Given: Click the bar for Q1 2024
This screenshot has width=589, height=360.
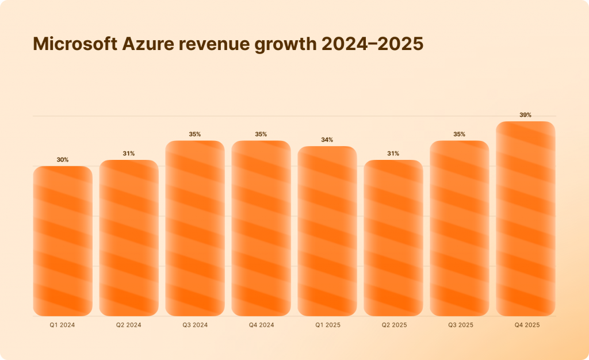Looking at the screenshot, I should [63, 242].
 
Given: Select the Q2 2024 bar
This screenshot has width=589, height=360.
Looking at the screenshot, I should [129, 238].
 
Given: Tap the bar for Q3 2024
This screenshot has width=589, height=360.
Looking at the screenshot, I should [195, 228].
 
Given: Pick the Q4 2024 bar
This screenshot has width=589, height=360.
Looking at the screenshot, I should [261, 228].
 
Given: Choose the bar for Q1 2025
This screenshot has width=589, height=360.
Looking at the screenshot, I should [327, 231].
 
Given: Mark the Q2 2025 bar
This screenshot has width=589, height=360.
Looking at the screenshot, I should [393, 238].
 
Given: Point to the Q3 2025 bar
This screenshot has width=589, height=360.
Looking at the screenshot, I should [460, 228].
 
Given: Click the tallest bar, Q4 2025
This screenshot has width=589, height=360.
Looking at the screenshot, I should [526, 219].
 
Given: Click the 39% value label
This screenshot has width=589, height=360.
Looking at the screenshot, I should [526, 115].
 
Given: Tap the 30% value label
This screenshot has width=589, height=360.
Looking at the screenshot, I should [63, 160].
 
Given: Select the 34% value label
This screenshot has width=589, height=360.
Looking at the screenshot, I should [327, 140].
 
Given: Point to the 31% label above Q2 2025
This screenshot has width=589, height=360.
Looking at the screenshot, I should [393, 154].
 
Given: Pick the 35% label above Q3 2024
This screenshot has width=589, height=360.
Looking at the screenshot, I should [195, 135].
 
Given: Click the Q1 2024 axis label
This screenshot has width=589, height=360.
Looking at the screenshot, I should [63, 325].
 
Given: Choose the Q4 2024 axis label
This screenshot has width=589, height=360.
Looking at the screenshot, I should [261, 325].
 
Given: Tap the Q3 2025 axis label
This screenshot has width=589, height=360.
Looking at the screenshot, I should [460, 325].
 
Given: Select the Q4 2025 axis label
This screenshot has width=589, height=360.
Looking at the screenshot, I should [526, 325].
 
